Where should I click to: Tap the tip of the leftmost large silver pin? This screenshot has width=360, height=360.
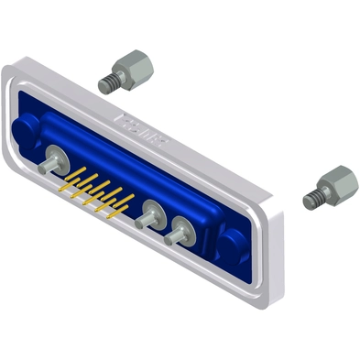(44, 171)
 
